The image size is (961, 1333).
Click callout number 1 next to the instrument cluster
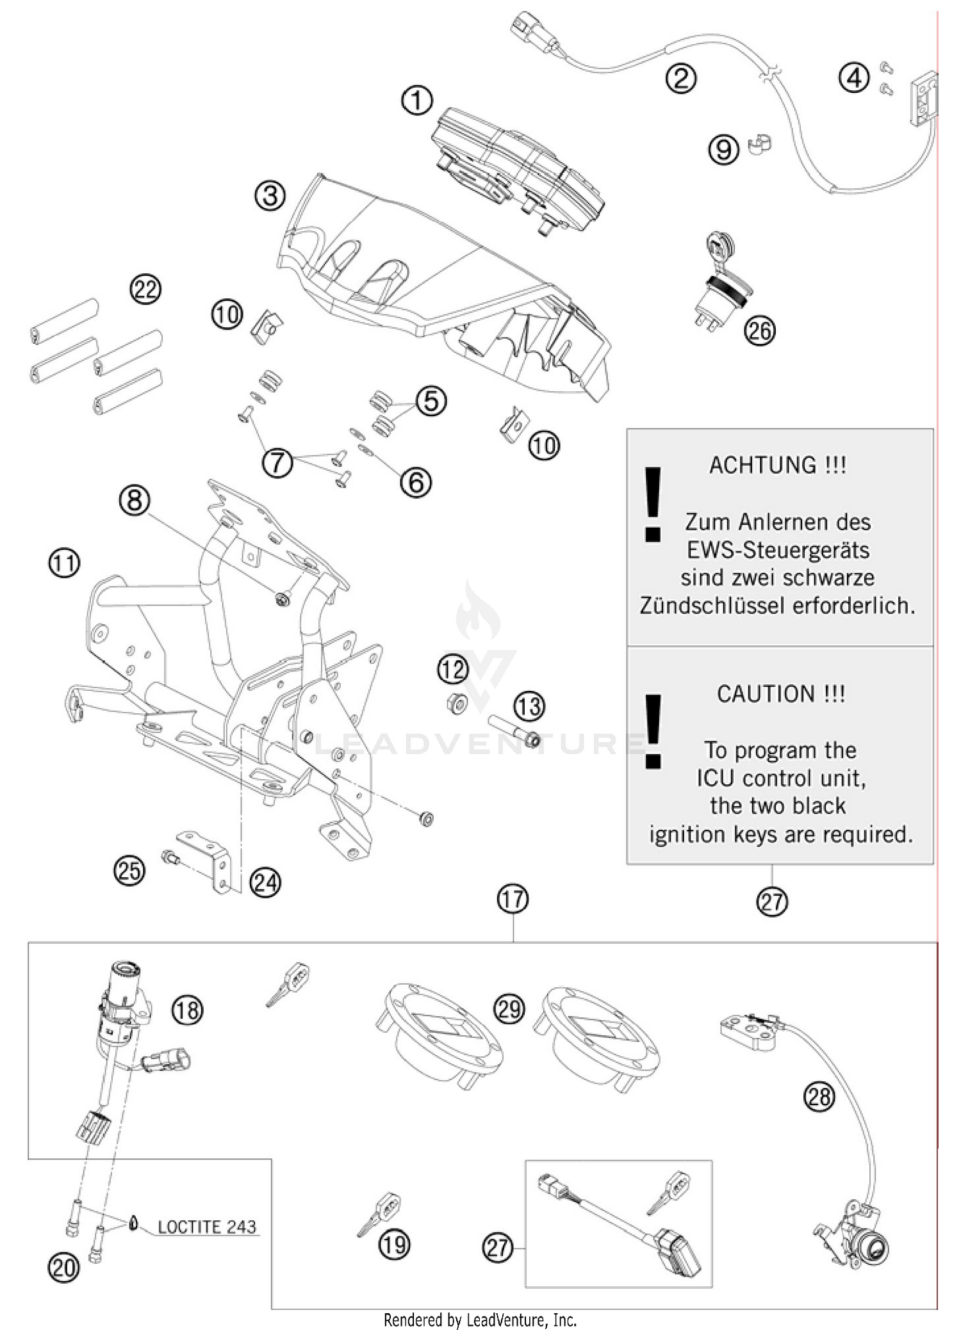[x=417, y=101]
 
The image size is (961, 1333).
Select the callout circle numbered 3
[x=270, y=195]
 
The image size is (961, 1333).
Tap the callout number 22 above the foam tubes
[x=145, y=289]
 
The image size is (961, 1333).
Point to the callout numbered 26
[x=760, y=331]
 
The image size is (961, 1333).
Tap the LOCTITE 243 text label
[x=206, y=1227]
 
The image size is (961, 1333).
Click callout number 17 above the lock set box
[x=513, y=900]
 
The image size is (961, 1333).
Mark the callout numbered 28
[x=819, y=1097]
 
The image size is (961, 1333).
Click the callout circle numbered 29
[x=510, y=1009]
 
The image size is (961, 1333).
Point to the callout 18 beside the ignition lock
[x=187, y=1010]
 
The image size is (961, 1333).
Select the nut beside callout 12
[x=456, y=703]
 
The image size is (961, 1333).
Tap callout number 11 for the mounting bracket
[x=64, y=563]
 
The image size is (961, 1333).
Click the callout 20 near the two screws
[x=63, y=1268]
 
